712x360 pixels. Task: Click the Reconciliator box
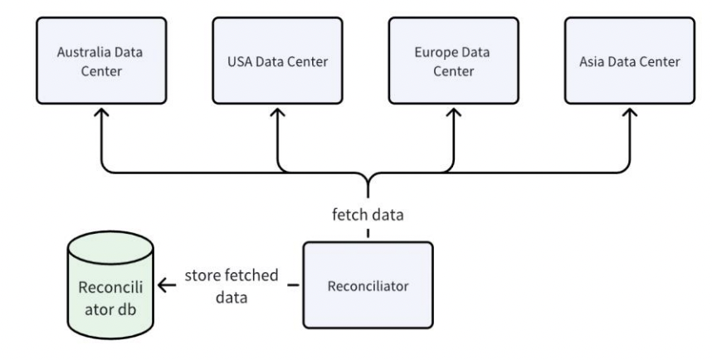pyautogui.click(x=368, y=285)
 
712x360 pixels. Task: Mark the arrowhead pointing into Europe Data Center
pyautogui.click(x=454, y=116)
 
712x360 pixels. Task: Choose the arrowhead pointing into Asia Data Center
pyautogui.click(x=630, y=116)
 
